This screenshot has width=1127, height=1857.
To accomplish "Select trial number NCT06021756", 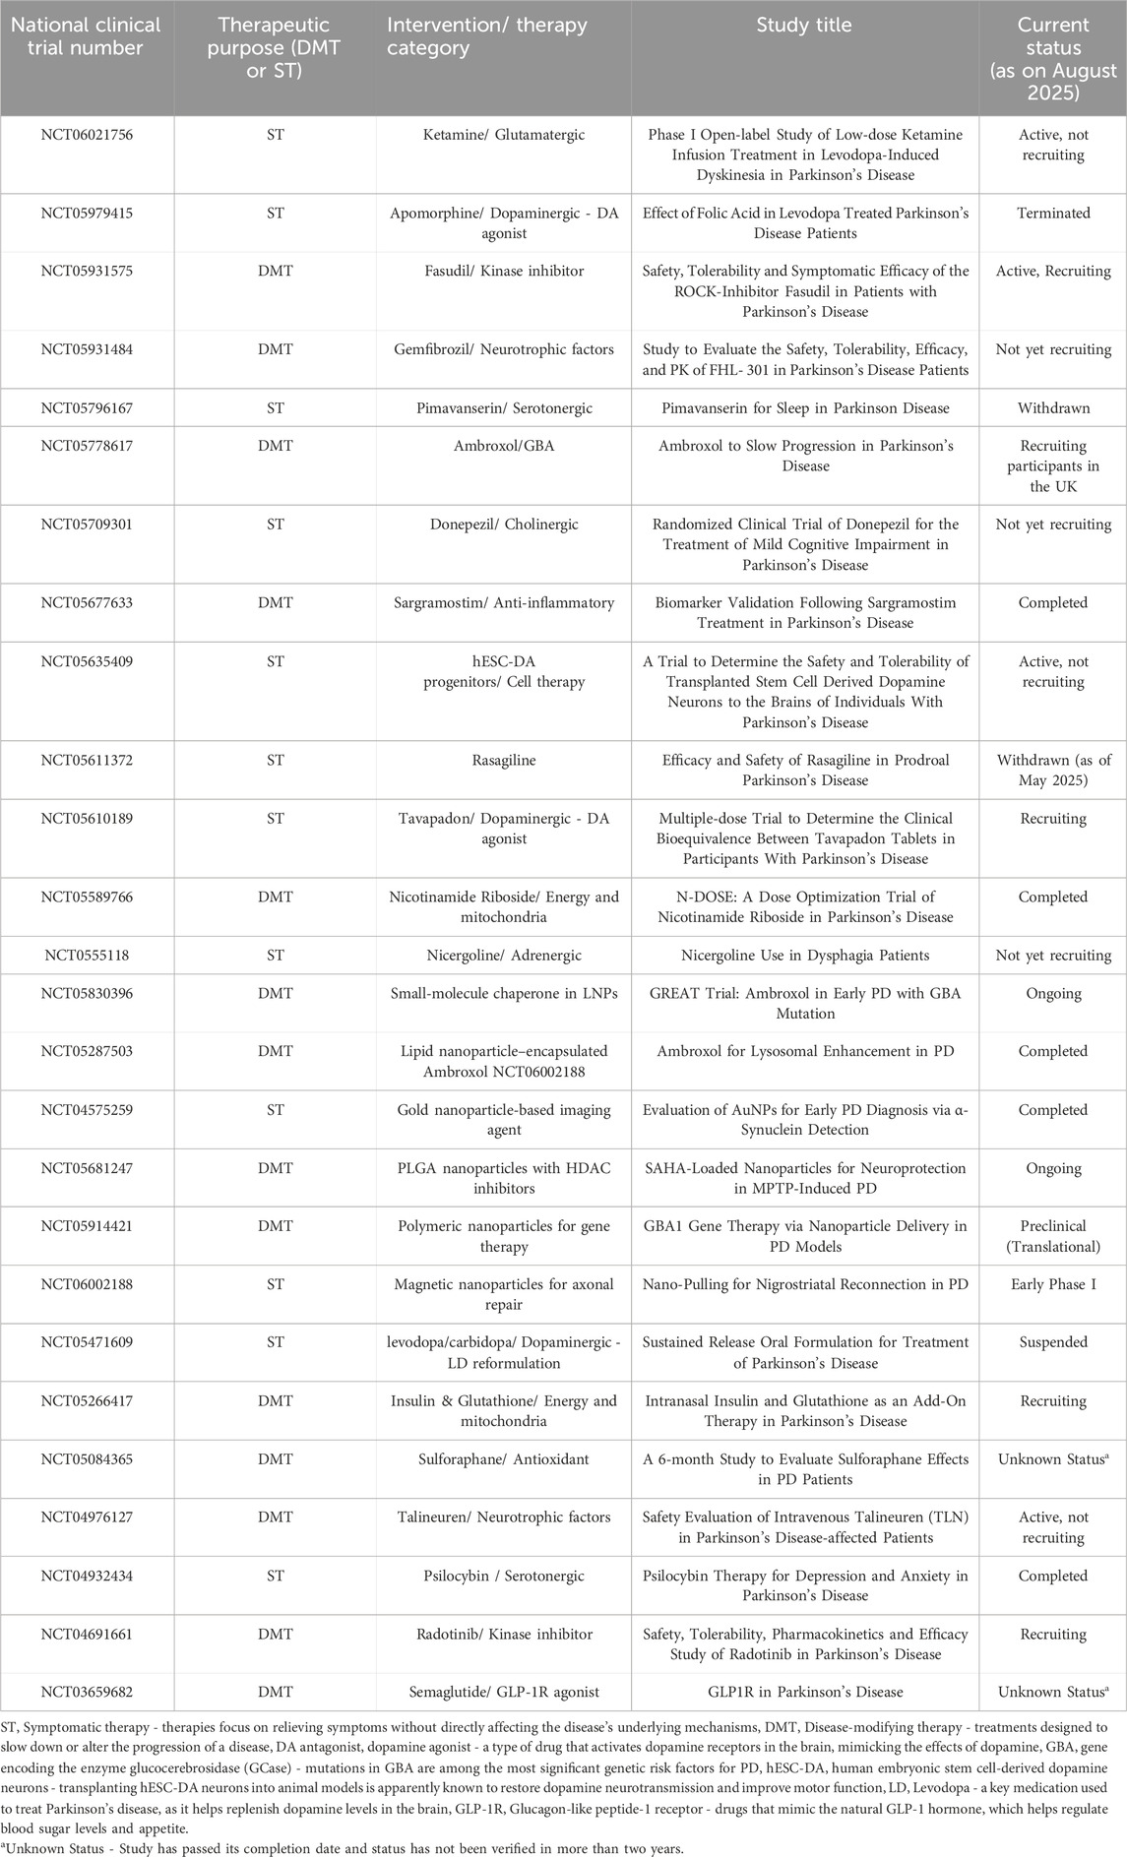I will (87, 135).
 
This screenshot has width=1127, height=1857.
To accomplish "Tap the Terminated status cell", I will (1053, 213).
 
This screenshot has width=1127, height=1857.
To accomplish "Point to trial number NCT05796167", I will (87, 407).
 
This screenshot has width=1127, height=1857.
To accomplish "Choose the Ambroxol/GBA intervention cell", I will (503, 446).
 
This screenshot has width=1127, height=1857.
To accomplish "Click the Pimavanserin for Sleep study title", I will (805, 407).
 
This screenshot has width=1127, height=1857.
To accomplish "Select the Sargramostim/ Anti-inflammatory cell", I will (503, 602).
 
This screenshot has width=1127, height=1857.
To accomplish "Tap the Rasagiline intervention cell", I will (503, 760).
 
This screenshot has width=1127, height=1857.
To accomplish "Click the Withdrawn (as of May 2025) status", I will (1053, 770).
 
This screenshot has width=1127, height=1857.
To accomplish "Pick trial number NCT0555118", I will (87, 955).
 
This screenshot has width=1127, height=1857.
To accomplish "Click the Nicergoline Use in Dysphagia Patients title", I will (805, 955).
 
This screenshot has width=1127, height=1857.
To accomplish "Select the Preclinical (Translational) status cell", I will (1053, 1236).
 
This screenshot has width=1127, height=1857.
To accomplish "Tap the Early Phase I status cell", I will (1053, 1284).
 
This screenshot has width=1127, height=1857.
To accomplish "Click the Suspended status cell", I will (1053, 1342).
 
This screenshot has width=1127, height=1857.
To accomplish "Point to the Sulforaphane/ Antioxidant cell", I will (503, 1458).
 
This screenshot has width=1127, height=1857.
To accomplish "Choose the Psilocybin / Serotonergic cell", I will (503, 1576).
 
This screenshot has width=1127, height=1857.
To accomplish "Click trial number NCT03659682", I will (87, 1692).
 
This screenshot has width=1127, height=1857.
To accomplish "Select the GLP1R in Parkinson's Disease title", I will (805, 1692).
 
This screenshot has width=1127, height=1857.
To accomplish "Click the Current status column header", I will (1053, 59).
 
